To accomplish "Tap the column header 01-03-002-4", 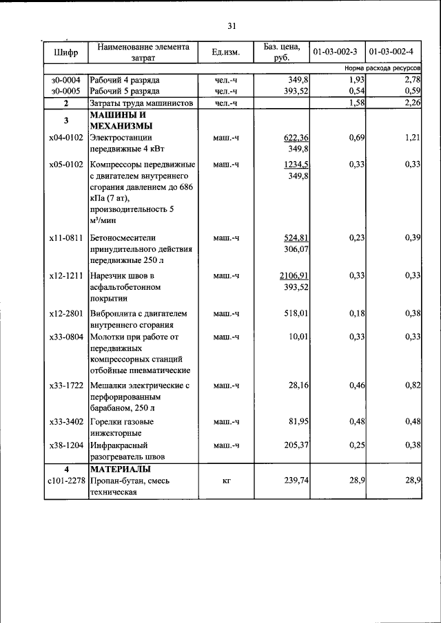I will [392, 52].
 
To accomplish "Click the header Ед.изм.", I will [225, 52].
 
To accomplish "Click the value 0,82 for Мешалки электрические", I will [412, 386].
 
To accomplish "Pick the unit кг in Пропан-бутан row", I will [225, 481].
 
